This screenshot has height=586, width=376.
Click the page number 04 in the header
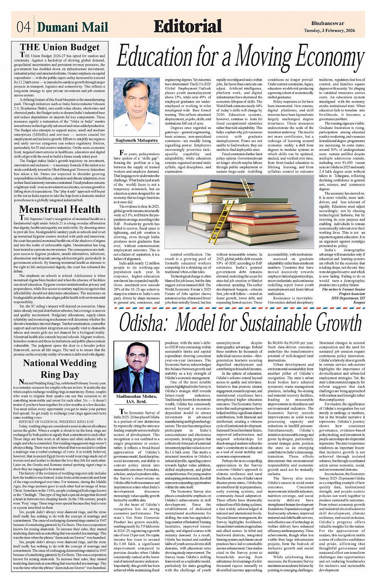click(x=23, y=27)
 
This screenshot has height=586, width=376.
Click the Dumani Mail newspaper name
click(x=72, y=27)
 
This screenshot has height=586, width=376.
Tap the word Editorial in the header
click(x=187, y=26)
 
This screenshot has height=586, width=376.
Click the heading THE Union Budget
click(x=60, y=47)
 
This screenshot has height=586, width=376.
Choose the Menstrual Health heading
click(x=60, y=209)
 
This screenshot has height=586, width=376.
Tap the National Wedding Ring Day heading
click(x=60, y=368)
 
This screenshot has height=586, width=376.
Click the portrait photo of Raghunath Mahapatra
click(x=136, y=106)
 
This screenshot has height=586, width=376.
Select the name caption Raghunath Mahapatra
click(x=136, y=140)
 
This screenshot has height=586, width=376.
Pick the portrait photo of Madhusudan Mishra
click(x=136, y=367)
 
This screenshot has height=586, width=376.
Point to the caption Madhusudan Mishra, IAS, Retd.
click(x=136, y=399)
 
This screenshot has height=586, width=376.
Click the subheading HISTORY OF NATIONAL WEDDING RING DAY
click(x=56, y=421)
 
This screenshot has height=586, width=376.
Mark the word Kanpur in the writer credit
click(x=359, y=302)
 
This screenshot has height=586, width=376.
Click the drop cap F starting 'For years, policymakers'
click(x=122, y=153)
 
